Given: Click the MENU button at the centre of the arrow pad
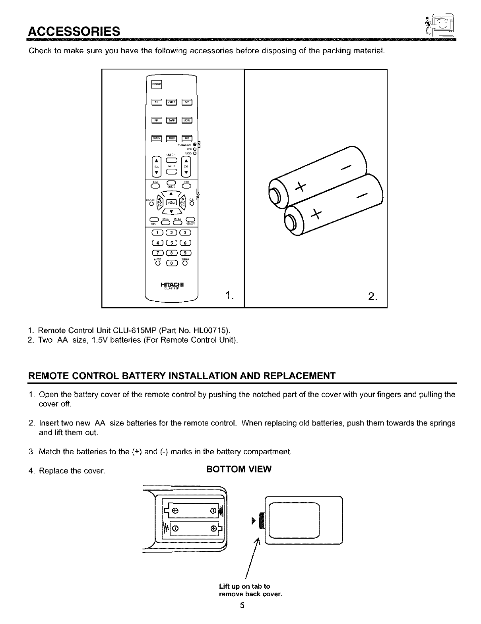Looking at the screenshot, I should pyautogui.click(x=171, y=202).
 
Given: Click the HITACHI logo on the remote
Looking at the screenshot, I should pyautogui.click(x=171, y=284).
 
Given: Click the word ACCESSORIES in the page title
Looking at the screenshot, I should pyautogui.click(x=74, y=31).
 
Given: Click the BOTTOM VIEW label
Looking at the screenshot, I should pyautogui.click(x=239, y=469).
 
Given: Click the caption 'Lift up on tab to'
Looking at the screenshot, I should pyautogui.click(x=244, y=586).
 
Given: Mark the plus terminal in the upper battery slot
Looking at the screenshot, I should pyautogui.click(x=175, y=510).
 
